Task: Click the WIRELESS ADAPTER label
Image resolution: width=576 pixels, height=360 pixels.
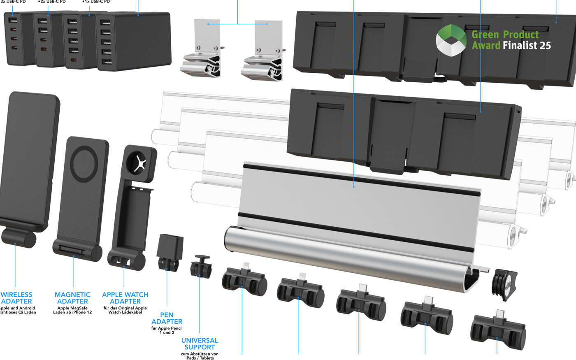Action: click(x=16, y=298)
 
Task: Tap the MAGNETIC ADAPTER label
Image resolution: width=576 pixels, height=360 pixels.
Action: click(x=72, y=298)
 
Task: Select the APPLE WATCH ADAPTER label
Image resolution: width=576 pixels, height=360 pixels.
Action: click(x=125, y=298)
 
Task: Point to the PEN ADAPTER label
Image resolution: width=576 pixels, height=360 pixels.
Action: click(x=167, y=318)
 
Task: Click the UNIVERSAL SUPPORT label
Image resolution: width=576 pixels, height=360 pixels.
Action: click(x=200, y=344)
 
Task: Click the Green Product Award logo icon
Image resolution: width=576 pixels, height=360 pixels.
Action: click(x=451, y=40)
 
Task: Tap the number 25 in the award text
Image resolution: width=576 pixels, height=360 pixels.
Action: click(x=545, y=45)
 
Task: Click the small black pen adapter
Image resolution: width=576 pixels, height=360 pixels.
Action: click(x=170, y=252)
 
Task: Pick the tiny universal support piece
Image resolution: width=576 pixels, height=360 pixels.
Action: click(x=200, y=266)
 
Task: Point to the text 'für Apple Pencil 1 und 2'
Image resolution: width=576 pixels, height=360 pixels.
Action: click(x=167, y=330)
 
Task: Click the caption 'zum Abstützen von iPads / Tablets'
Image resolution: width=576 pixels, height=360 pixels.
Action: click(x=200, y=356)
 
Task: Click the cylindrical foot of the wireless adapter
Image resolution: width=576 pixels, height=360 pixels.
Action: click(x=19, y=238)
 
